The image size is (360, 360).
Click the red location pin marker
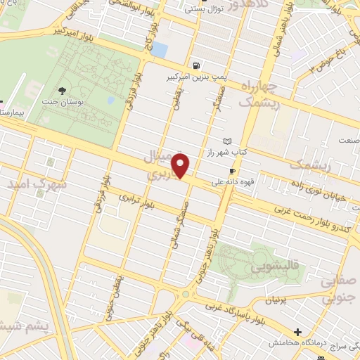[181, 165]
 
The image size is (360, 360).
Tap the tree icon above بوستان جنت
[62, 90]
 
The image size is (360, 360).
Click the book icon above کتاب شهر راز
[226, 141]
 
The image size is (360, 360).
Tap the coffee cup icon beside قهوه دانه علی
[231, 171]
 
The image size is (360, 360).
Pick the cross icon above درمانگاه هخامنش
[297, 332]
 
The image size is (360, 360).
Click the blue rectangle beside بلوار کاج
[160, 51]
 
